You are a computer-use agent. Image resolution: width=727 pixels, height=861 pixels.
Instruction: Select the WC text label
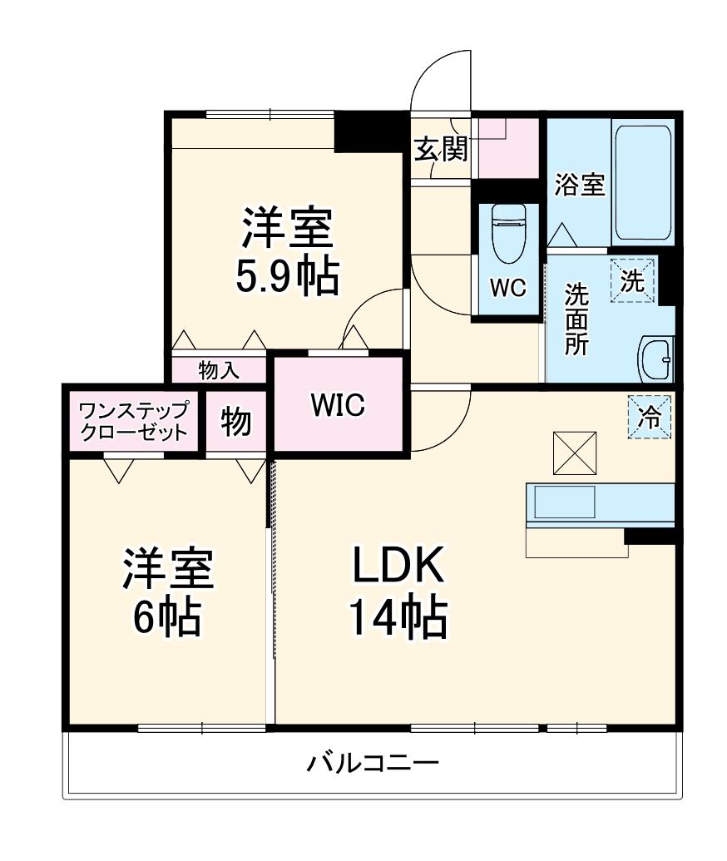pyautogui.click(x=507, y=288)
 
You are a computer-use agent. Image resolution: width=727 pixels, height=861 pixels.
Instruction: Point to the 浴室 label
pyautogui.click(x=579, y=184)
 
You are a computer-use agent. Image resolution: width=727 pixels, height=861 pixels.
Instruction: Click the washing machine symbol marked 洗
pyautogui.click(x=634, y=281)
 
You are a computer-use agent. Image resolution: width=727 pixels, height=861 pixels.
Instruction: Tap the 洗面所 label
pyautogui.click(x=577, y=320)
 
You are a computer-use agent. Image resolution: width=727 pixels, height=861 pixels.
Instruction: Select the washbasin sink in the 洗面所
pyautogui.click(x=656, y=359)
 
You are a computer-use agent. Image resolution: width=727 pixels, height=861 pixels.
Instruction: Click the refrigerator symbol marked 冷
pyautogui.click(x=650, y=417)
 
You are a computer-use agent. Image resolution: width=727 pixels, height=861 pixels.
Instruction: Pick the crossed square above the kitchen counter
pyautogui.click(x=575, y=453)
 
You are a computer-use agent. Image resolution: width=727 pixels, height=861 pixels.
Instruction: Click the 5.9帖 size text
pyautogui.click(x=287, y=277)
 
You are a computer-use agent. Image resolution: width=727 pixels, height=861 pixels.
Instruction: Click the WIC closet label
pyautogui.click(x=338, y=405)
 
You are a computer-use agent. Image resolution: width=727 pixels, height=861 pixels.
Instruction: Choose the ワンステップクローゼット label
pyautogui.click(x=133, y=422)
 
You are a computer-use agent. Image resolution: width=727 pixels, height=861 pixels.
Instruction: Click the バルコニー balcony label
pyautogui.click(x=372, y=762)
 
